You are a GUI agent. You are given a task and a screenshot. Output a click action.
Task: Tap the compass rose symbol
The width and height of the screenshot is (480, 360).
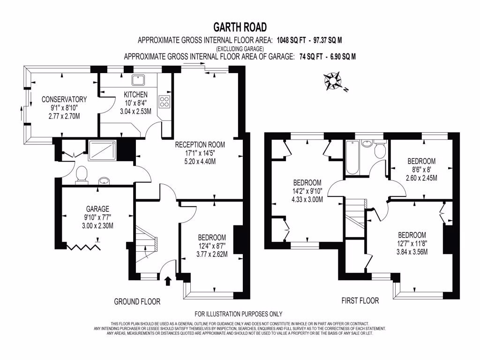tap(334, 81)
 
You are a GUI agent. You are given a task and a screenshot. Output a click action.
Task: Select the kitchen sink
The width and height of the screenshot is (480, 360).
tap(139, 80)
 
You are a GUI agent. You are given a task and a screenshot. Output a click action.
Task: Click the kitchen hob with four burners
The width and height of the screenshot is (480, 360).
tap(165, 101)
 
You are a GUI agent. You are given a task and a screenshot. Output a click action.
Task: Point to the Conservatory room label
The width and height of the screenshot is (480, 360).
tap(64, 99)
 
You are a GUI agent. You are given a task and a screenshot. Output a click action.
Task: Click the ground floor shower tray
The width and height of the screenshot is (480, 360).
tap(100, 150)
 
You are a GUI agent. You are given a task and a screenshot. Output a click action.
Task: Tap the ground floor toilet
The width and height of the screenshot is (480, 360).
tap(82, 174)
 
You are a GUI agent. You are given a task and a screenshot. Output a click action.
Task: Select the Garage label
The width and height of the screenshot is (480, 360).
tap(97, 209)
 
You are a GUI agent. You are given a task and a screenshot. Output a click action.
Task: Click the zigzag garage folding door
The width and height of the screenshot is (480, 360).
tap(84, 246)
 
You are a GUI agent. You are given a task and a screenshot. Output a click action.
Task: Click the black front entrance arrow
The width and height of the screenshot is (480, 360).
tap(168, 280)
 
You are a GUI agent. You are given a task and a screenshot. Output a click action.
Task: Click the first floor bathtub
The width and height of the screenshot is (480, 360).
tap(352, 157)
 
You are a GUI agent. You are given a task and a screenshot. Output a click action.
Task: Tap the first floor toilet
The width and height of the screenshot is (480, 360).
tap(380, 150)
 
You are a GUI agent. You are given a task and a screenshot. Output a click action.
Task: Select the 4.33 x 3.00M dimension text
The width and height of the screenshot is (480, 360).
tap(307, 199)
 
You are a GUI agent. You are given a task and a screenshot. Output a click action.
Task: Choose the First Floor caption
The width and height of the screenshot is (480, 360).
tap(360, 300)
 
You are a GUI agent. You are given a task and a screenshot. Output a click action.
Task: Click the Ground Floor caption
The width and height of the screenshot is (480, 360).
tap(137, 302)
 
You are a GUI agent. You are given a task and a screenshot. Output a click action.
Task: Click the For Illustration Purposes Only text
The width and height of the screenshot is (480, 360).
tap(239, 314)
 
